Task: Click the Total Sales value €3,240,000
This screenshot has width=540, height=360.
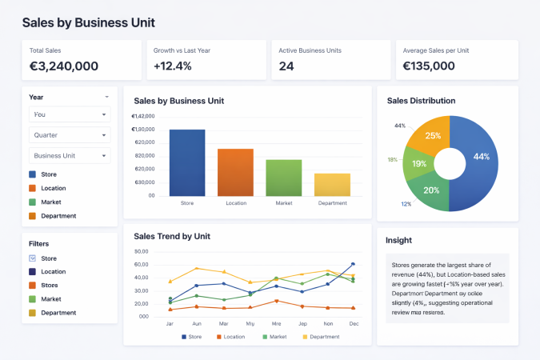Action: pyautogui.click(x=64, y=66)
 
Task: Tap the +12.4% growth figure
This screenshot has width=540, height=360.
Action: pyautogui.click(x=173, y=66)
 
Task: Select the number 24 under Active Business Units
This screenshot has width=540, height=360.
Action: pyautogui.click(x=286, y=66)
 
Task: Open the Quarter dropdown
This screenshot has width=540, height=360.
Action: pyautogui.click(x=70, y=135)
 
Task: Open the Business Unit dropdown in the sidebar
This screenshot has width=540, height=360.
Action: pyautogui.click(x=70, y=155)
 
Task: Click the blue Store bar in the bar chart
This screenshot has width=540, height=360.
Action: pyautogui.click(x=187, y=163)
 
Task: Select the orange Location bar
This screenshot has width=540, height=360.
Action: pyautogui.click(x=235, y=173)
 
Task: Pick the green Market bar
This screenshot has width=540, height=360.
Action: pyautogui.click(x=284, y=178)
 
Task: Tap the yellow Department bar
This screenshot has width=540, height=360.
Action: pyautogui.click(x=332, y=185)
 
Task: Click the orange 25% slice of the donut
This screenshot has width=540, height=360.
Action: pyautogui.click(x=431, y=137)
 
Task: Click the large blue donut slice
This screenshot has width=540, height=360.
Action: pyautogui.click(x=478, y=160)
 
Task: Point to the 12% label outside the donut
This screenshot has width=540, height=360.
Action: pyautogui.click(x=406, y=204)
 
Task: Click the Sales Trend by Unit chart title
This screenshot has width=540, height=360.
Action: pyautogui.click(x=172, y=237)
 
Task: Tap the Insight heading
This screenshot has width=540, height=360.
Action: pyautogui.click(x=399, y=240)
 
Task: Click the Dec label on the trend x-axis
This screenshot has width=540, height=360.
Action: pyautogui.click(x=353, y=324)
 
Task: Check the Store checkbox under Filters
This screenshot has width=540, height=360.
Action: pyautogui.click(x=32, y=258)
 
